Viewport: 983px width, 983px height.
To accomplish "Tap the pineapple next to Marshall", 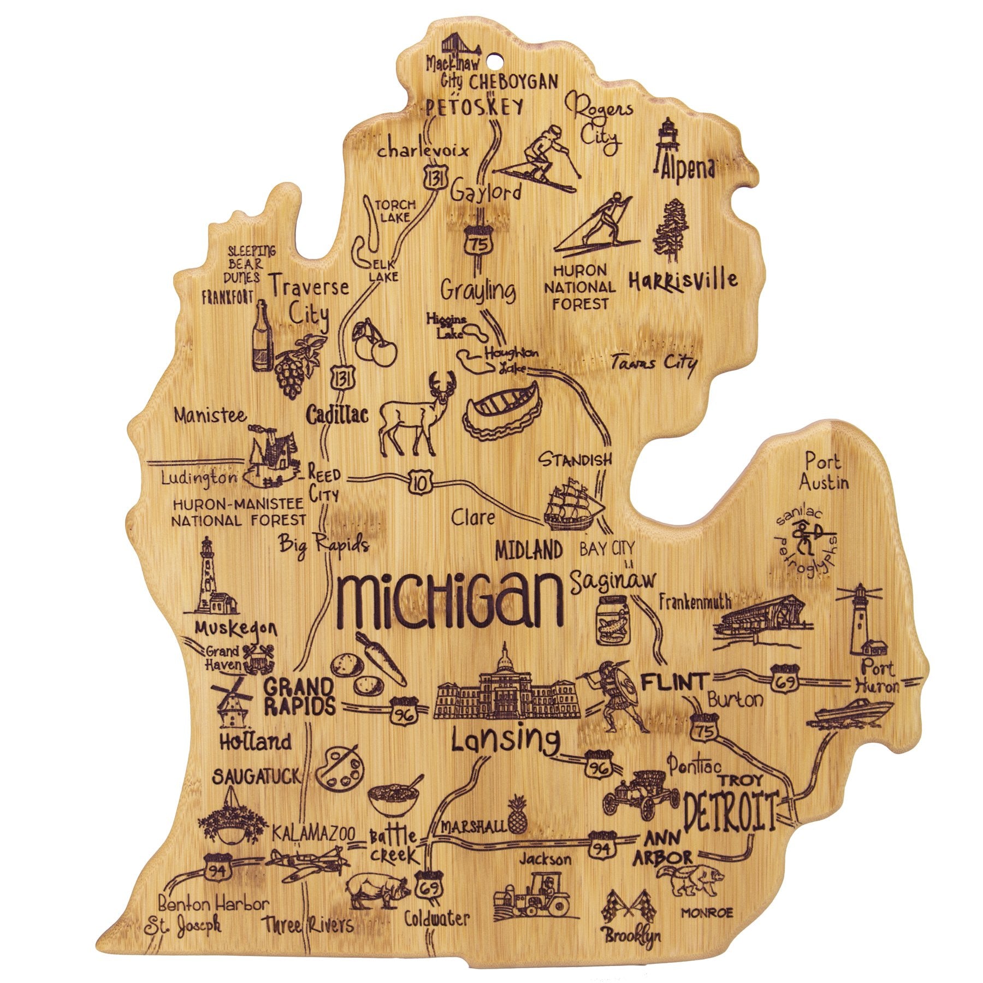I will click(x=516, y=816).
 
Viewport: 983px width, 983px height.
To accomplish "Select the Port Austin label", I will click(x=824, y=472).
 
